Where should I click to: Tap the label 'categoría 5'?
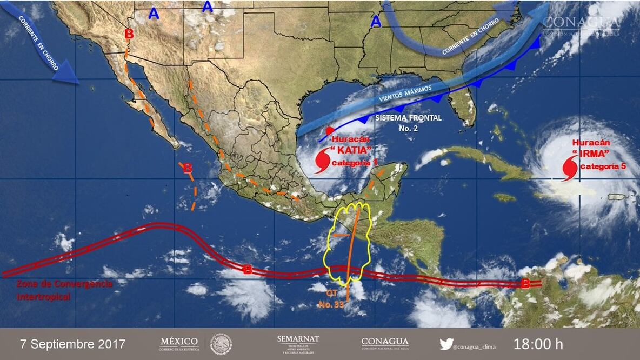[603, 166]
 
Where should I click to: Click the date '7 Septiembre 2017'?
[72, 344]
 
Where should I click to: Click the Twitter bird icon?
[445, 344]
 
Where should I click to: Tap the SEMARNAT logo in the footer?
[298, 344]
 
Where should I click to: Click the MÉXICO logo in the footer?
[179, 344]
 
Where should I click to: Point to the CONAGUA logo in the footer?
[385, 343]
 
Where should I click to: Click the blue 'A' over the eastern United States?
[376, 22]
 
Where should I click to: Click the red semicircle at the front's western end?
[329, 131]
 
